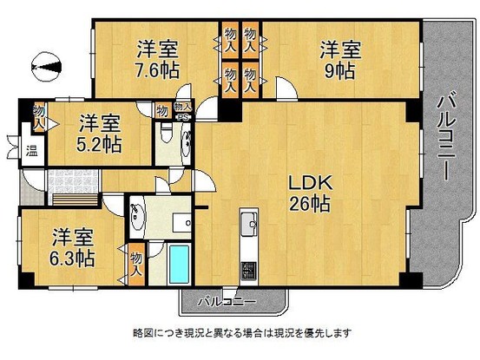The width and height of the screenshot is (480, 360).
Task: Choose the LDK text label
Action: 308,185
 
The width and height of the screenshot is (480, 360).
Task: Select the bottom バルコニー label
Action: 225,302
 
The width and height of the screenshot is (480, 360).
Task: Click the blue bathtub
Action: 180,265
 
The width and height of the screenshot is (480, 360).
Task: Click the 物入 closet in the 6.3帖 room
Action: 136,262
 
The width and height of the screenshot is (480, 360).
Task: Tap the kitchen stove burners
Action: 246,267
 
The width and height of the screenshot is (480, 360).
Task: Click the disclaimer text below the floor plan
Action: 240,332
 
